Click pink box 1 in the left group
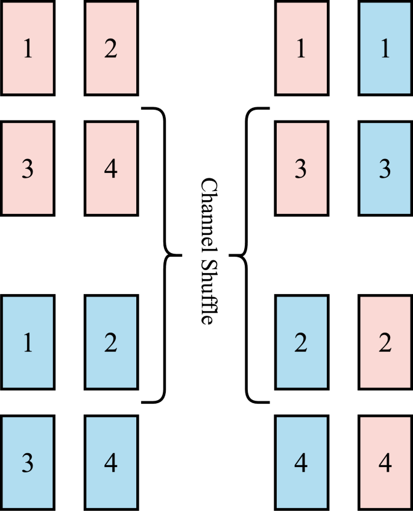click(28, 48)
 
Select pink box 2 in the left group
click(111, 48)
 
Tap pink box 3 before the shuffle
click(28, 168)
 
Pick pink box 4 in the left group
click(111, 168)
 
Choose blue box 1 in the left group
click(28, 342)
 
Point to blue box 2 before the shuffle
click(111, 342)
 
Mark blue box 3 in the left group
click(28, 462)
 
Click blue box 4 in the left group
click(111, 462)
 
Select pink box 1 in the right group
click(301, 48)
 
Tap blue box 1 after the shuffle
click(385, 48)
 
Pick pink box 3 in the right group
click(301, 168)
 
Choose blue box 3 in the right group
click(385, 168)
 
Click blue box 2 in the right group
click(301, 342)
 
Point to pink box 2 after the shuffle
click(385, 342)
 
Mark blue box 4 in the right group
click(301, 462)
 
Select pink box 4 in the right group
click(385, 462)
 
